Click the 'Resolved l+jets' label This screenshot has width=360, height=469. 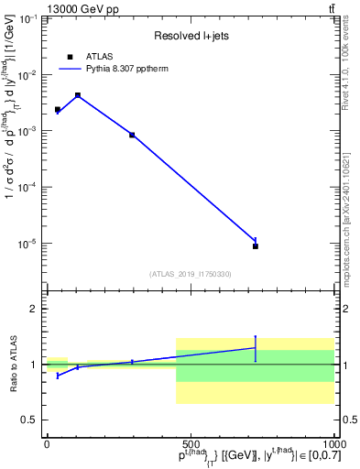click(x=190, y=37)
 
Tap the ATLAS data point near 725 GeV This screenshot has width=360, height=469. click(x=256, y=245)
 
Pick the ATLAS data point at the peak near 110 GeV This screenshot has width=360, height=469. click(x=78, y=94)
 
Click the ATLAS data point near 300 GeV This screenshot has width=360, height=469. click(x=132, y=135)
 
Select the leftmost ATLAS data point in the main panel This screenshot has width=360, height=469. click(x=57, y=109)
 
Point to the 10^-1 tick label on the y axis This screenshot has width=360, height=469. click(x=27, y=18)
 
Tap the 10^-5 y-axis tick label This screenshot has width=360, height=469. click(x=27, y=244)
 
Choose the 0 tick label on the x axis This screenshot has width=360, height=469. click(x=47, y=443)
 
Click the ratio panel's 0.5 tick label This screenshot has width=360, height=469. click(x=32, y=420)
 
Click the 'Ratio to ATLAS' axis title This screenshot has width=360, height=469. click(x=14, y=365)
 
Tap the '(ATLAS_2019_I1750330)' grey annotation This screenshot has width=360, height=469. click(x=190, y=273)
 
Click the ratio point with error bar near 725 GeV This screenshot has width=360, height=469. click(x=256, y=348)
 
